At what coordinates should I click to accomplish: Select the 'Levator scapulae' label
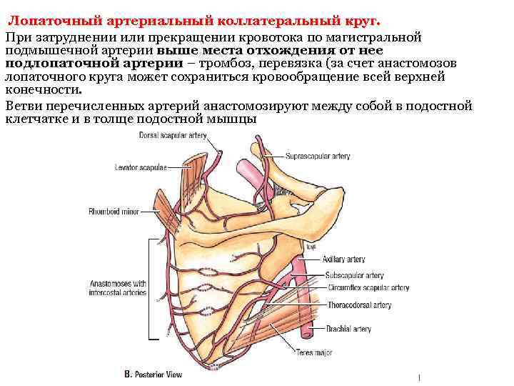(x=140, y=167)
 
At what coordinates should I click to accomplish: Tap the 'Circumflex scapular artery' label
(x=366, y=287)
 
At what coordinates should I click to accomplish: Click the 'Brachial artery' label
(x=347, y=329)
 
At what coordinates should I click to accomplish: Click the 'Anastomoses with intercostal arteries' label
(x=119, y=287)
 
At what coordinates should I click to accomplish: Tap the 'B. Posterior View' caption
(x=153, y=375)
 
